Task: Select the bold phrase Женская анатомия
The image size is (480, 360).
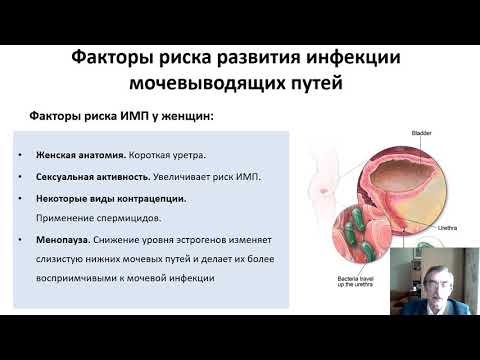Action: point(80,155)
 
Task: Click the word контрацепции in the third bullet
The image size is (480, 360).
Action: point(150,199)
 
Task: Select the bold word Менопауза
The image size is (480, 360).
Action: point(63,242)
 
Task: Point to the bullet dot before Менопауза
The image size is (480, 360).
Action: point(21,242)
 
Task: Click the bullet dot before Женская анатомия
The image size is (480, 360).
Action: point(21,155)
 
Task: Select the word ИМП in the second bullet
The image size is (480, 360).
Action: point(217,177)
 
